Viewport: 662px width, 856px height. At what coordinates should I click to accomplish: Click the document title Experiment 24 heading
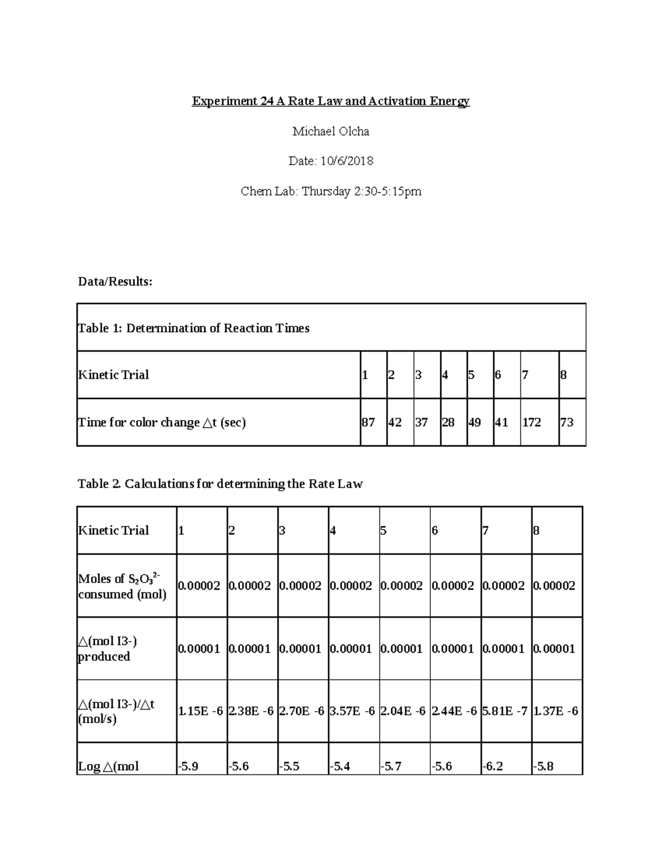pos(330,101)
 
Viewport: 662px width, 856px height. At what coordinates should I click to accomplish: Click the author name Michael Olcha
pos(330,131)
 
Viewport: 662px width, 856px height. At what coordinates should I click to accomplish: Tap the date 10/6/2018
pos(330,161)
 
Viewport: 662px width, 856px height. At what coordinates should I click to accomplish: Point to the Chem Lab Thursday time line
pos(330,191)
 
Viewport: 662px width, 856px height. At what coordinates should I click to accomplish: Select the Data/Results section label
pos(115,282)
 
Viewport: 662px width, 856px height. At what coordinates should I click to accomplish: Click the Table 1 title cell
pos(194,329)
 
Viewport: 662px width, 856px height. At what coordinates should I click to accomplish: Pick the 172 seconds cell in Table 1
pos(532,423)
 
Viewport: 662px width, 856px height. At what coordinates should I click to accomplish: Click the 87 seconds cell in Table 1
pos(369,423)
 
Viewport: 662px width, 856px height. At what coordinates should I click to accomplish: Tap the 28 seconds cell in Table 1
pos(448,423)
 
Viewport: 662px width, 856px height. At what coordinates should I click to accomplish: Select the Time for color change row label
pos(162,423)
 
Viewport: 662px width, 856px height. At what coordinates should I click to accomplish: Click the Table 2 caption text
pos(220,484)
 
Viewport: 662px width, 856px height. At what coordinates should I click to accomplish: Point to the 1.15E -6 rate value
pos(200,711)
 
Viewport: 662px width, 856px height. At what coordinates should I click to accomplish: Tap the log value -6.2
pos(493,766)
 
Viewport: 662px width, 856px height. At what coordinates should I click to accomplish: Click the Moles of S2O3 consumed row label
pos(122,586)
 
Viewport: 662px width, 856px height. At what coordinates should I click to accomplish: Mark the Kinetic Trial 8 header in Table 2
pos(536,531)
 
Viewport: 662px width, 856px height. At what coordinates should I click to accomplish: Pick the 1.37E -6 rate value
pos(556,711)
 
